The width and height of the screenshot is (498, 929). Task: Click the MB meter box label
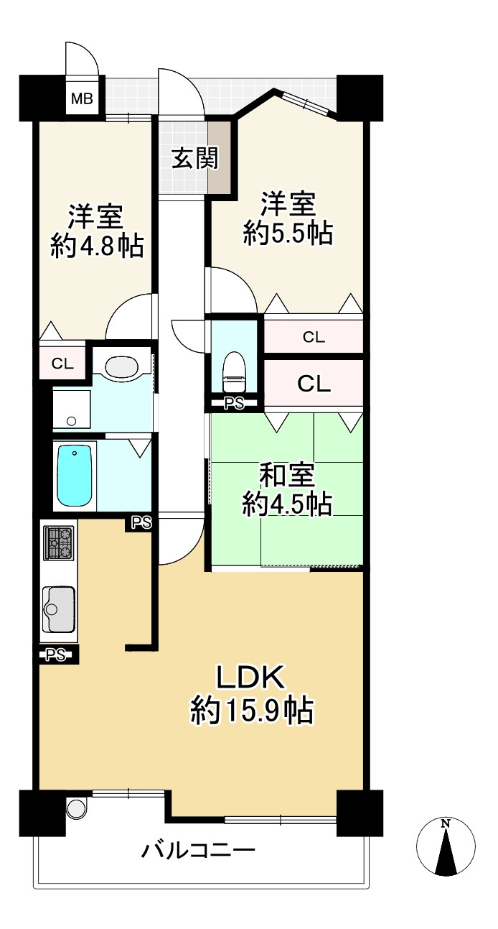pyautogui.click(x=82, y=98)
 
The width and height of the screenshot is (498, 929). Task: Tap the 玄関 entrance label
pyautogui.click(x=194, y=157)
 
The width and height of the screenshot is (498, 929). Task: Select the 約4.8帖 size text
pyautogui.click(x=97, y=246)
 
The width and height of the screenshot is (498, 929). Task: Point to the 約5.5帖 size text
pyautogui.click(x=288, y=233)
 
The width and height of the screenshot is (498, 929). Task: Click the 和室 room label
pyautogui.click(x=287, y=476)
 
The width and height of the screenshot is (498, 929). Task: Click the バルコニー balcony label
pyautogui.click(x=198, y=852)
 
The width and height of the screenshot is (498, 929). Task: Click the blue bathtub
pyautogui.click(x=75, y=476)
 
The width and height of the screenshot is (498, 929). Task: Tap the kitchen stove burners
pyautogui.click(x=60, y=543)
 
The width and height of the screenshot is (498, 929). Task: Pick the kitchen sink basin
pyautogui.click(x=59, y=602)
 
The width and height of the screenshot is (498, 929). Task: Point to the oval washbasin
pyautogui.click(x=121, y=367)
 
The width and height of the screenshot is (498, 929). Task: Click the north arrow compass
pyautogui.click(x=446, y=847)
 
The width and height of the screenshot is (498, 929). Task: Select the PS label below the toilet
pyautogui.click(x=234, y=404)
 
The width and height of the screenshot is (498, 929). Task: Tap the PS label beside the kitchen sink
pyautogui.click(x=56, y=654)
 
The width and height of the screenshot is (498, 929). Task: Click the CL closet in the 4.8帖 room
pyautogui.click(x=62, y=364)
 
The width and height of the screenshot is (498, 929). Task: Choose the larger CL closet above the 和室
pyautogui.click(x=314, y=384)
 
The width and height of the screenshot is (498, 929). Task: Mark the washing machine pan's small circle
pyautogui.click(x=70, y=421)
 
